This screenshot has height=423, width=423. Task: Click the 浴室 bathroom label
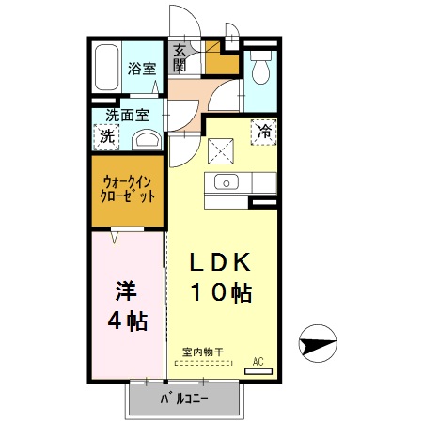[x=143, y=68]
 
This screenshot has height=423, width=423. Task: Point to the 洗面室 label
[x=127, y=116]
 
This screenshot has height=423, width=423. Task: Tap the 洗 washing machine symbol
[x=106, y=135]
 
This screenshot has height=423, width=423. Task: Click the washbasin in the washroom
[x=147, y=140]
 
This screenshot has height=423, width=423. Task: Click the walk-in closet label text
[x=128, y=190]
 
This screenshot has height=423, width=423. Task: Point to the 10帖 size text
[x=223, y=292]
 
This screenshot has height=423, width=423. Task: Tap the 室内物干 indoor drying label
[x=202, y=352]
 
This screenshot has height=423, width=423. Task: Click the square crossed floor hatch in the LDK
[x=222, y=149]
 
